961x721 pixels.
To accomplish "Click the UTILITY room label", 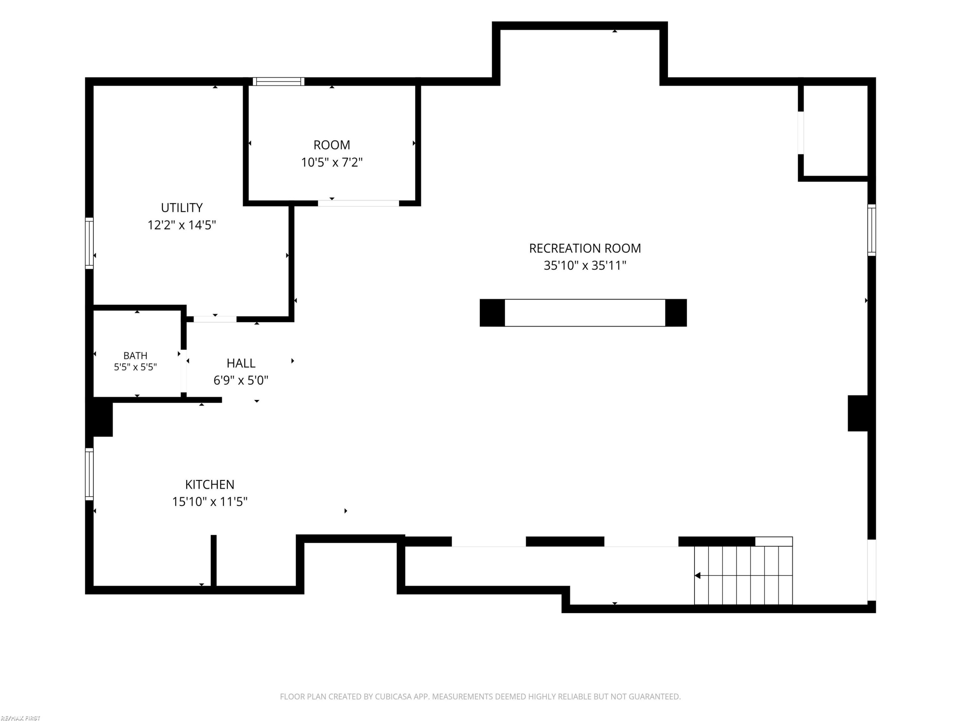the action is pyautogui.click(x=182, y=208).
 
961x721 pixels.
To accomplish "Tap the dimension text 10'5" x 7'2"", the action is pyautogui.click(x=332, y=162).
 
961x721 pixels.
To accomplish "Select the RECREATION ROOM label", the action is pyautogui.click(x=585, y=248).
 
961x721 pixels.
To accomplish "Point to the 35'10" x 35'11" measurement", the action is pyautogui.click(x=585, y=266).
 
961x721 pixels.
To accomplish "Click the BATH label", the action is pyautogui.click(x=135, y=355).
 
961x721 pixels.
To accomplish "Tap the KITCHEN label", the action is pyautogui.click(x=209, y=484).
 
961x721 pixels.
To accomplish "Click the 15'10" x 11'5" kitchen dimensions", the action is pyautogui.click(x=209, y=501).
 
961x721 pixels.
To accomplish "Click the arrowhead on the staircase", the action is pyautogui.click(x=697, y=576).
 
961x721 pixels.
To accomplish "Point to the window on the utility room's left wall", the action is pyautogui.click(x=89, y=243).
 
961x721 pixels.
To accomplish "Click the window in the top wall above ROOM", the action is pyautogui.click(x=278, y=81).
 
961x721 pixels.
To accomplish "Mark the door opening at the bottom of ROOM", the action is pyautogui.click(x=358, y=203).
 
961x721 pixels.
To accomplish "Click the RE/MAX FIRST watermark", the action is pyautogui.click(x=21, y=718).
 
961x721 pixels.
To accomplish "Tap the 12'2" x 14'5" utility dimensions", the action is pyautogui.click(x=182, y=225).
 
